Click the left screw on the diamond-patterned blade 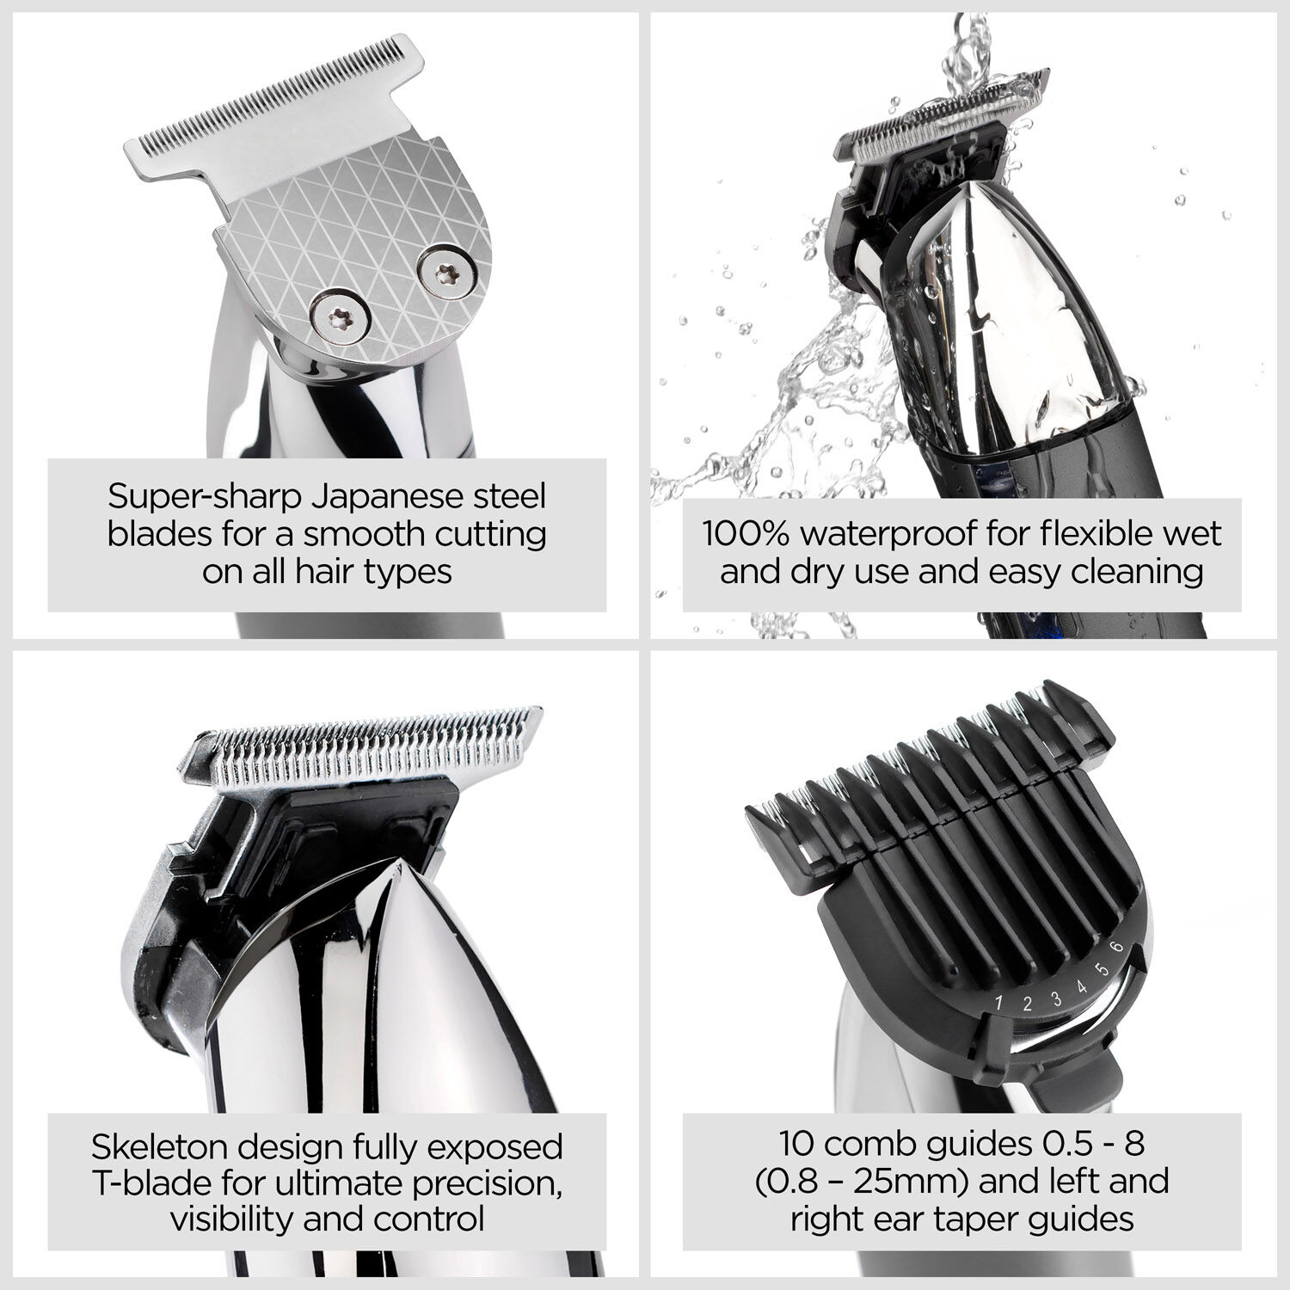(334, 310)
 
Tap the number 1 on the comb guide (998, 1003)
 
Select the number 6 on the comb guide (1116, 948)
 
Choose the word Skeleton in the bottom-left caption (160, 1146)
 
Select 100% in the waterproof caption (746, 533)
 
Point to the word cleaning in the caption (1134, 571)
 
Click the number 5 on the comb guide (1103, 969)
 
